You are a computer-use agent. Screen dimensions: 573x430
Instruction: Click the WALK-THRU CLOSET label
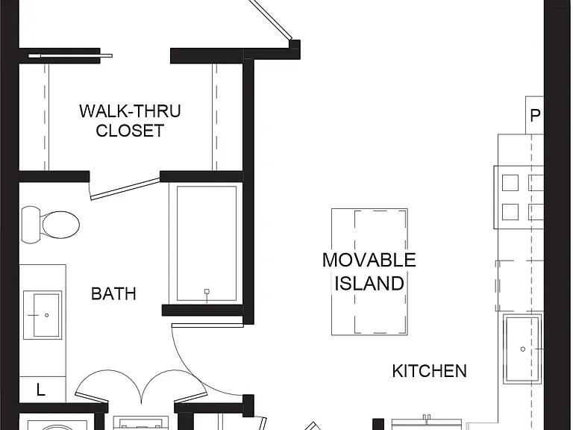coord(130,121)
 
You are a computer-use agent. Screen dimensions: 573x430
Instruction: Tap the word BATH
coord(113,293)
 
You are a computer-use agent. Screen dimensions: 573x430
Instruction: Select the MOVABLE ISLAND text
coord(369,272)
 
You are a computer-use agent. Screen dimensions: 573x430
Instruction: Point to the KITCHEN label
coord(430,371)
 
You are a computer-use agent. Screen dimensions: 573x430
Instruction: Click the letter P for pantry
coord(535,116)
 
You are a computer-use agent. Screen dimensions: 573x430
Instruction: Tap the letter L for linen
coord(40,390)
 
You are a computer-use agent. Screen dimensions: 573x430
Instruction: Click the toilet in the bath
coord(51,225)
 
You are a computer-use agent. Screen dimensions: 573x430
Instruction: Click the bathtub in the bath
coord(207,243)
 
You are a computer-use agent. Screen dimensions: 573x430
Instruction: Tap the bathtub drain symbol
coord(207,291)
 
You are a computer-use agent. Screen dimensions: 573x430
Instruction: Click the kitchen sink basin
coord(522,349)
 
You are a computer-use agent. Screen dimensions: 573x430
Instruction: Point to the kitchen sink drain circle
coord(522,349)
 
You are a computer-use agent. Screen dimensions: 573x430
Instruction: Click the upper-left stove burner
coord(510,183)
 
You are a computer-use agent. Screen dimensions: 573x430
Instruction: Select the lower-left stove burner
coord(510,212)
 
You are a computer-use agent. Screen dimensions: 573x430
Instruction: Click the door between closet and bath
coord(125,189)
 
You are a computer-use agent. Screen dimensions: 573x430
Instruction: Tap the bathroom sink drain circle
coord(47,315)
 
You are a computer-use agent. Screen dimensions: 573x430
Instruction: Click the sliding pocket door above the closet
coord(71,55)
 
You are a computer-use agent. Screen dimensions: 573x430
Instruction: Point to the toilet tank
coord(30,225)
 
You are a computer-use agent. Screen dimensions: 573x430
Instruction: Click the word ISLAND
coord(369,284)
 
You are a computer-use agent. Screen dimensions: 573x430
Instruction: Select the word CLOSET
coord(130,131)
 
